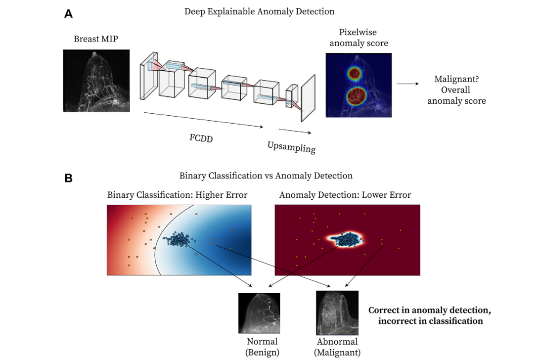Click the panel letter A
pos(68,14)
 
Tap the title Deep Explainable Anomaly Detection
pos(259,11)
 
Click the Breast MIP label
pos(96,39)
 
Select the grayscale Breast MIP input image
pos(96,81)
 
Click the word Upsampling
pos(292,146)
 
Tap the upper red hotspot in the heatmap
pos(354,74)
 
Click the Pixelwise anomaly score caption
pos(359,38)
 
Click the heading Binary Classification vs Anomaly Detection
pos(266,176)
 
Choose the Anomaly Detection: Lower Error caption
pos(345,195)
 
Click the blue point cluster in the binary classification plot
pos(177,240)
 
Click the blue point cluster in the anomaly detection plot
pos(346,240)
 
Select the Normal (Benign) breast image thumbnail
pos(259,314)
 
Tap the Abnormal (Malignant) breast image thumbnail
pos(336,314)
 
